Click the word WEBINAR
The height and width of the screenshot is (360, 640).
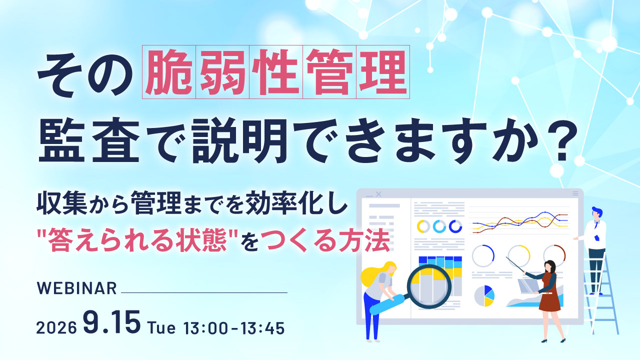[x=77, y=288]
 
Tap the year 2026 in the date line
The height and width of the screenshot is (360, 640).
[x=56, y=327]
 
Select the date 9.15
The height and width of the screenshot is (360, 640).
[x=112, y=322]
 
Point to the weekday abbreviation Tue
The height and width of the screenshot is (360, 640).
[x=161, y=327]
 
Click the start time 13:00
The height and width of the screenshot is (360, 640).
[x=206, y=328]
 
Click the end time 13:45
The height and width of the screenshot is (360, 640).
[x=262, y=328]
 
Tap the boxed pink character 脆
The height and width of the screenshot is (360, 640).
[x=169, y=72]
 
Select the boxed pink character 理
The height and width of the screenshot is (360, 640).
[x=383, y=72]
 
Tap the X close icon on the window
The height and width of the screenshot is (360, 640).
[x=378, y=194]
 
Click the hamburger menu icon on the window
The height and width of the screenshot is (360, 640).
[x=575, y=193]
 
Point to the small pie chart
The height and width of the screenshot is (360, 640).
[x=484, y=295]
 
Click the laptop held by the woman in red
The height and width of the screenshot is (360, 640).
[x=528, y=285]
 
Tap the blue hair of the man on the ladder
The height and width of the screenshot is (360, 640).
[x=597, y=211]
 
